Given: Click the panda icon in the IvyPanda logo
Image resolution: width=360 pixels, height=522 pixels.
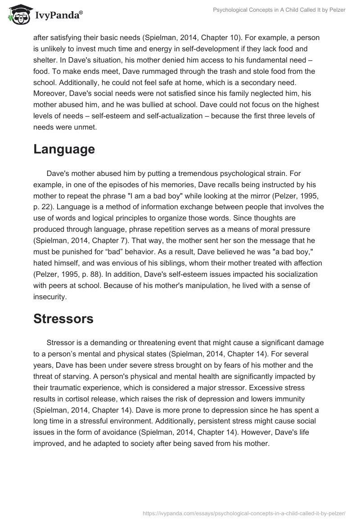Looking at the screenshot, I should (x=18, y=15).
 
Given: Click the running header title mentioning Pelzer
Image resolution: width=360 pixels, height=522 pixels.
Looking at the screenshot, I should (x=279, y=10).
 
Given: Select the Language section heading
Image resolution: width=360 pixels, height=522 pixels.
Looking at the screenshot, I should (x=64, y=149).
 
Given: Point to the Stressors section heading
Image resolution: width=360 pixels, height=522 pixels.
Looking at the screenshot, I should (x=63, y=319).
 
